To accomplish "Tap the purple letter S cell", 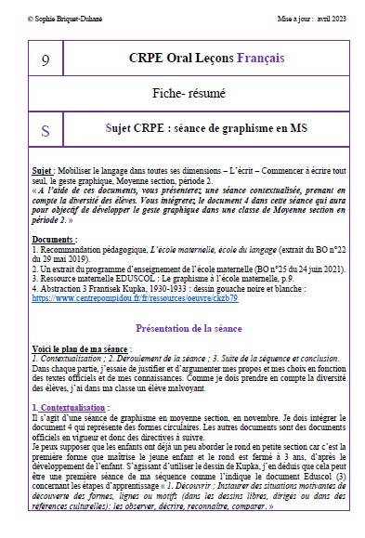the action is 46,130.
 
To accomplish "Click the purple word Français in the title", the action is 262,58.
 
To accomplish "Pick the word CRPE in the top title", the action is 149,58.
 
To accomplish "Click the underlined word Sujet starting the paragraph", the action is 42,172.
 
